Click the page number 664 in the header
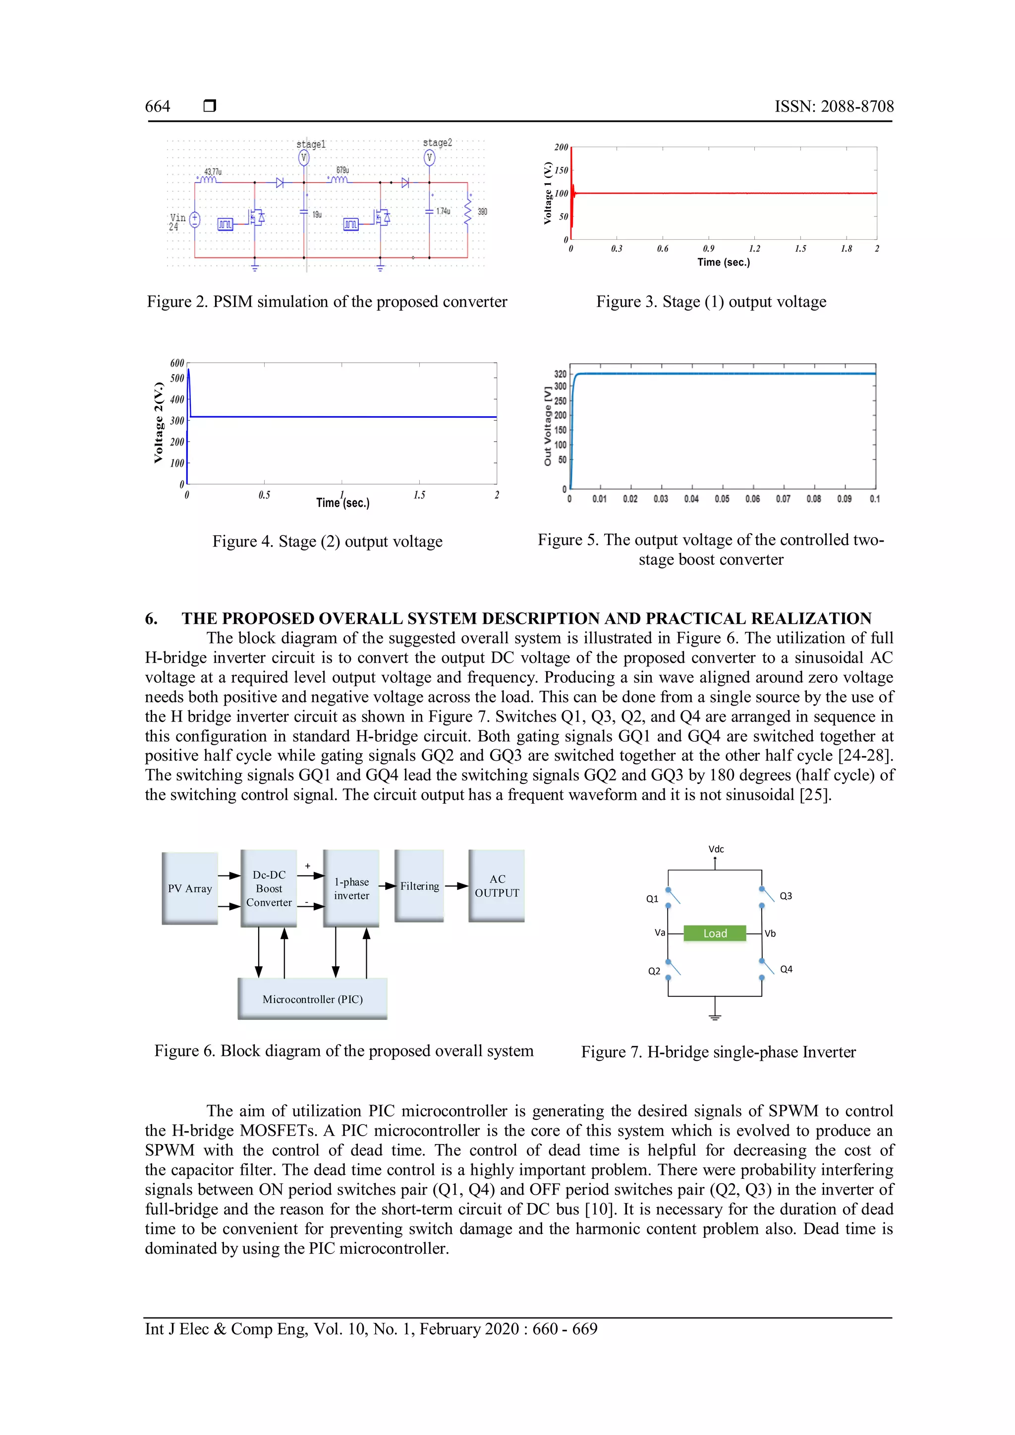pyautogui.click(x=158, y=106)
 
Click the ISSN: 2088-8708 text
pyautogui.click(x=834, y=106)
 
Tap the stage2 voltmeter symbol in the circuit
pyautogui.click(x=429, y=158)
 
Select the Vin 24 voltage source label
pyautogui.click(x=177, y=222)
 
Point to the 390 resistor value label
pyautogui.click(x=483, y=212)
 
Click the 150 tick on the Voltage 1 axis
pyautogui.click(x=561, y=170)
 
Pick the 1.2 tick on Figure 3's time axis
pyautogui.click(x=754, y=249)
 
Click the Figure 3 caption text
pyautogui.click(x=711, y=302)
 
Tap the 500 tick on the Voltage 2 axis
pyautogui.click(x=177, y=378)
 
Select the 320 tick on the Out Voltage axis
pyautogui.click(x=560, y=374)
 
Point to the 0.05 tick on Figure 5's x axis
pyautogui.click(x=722, y=499)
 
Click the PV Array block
pyautogui.click(x=190, y=888)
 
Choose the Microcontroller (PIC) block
pyautogui.click(x=313, y=999)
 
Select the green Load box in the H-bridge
pyautogui.click(x=715, y=933)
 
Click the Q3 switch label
pyautogui.click(x=786, y=895)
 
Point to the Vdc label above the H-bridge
pyautogui.click(x=716, y=849)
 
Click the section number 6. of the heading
pyautogui.click(x=151, y=619)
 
